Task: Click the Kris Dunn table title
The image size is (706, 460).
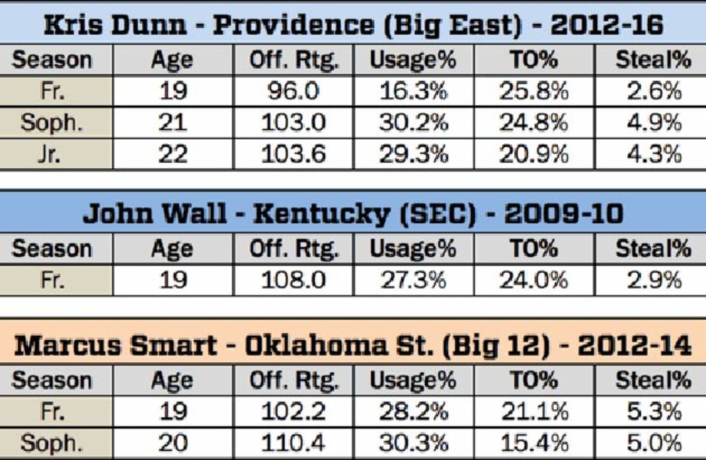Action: pyautogui.click(x=353, y=24)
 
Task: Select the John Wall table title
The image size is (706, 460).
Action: pyautogui.click(x=353, y=213)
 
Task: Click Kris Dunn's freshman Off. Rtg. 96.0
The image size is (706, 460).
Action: pyautogui.click(x=292, y=91)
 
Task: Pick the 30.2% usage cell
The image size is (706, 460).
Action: pyautogui.click(x=412, y=123)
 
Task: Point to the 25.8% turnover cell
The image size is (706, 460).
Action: pyautogui.click(x=534, y=91)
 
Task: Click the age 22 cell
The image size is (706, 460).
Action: pyautogui.click(x=172, y=154)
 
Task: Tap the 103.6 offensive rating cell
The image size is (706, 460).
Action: pyautogui.click(x=292, y=154)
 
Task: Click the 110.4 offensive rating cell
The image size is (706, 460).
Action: pyautogui.click(x=292, y=442)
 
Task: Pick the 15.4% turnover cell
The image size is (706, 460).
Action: pyautogui.click(x=534, y=442)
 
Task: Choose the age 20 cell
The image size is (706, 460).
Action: pyautogui.click(x=172, y=442)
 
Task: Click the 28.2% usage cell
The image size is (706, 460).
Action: pyautogui.click(x=412, y=411)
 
